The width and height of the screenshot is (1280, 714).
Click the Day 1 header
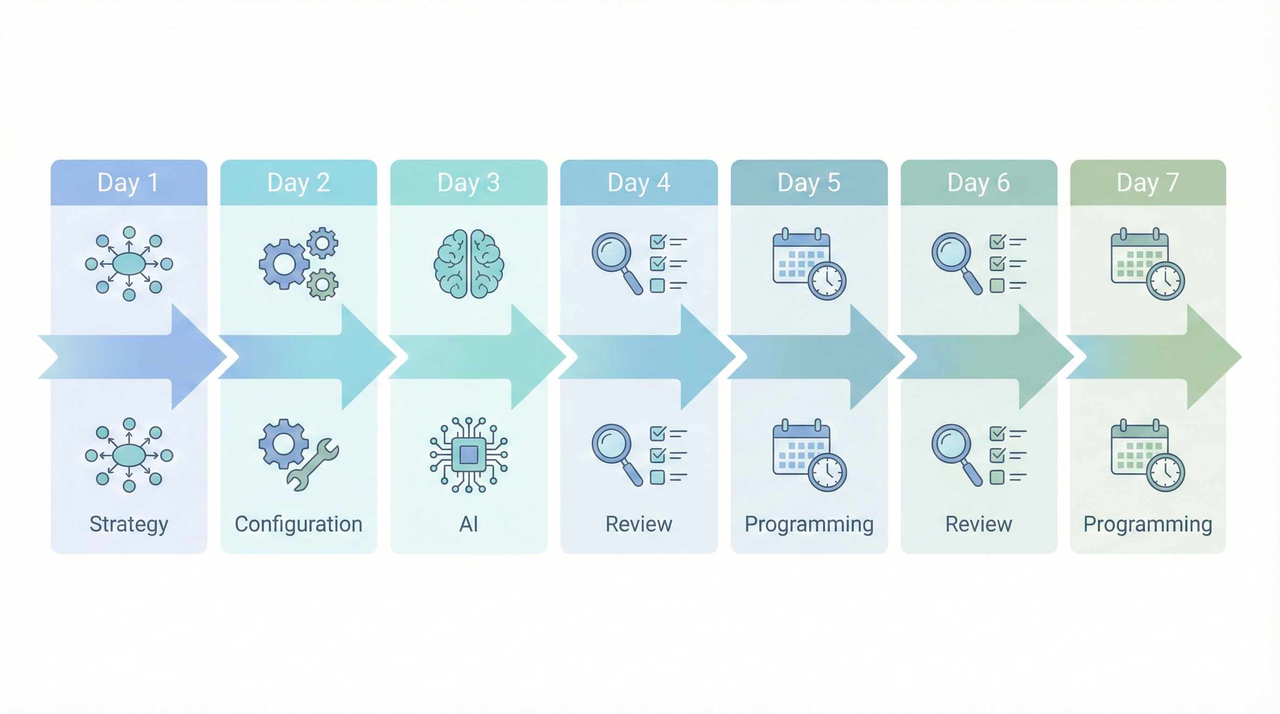pos(128,182)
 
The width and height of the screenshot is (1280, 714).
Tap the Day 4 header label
pos(639,182)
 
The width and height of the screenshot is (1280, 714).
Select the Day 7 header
pos(1148,182)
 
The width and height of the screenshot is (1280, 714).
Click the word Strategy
pos(129,525)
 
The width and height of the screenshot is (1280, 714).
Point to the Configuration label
pos(299,524)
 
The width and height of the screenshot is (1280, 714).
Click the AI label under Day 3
pos(468,524)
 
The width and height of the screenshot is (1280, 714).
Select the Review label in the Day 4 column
pos(639,524)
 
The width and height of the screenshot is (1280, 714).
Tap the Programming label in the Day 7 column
pos(1148,525)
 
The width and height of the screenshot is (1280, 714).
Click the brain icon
pos(468,264)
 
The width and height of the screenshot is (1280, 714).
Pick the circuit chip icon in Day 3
pos(468,455)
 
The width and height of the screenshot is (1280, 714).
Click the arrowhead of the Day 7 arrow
pos(1214,357)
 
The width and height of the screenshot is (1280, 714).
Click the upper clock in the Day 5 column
pos(827,281)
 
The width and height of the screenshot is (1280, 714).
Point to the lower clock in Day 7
pos(1166,472)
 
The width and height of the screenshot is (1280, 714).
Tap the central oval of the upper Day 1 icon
pos(129,263)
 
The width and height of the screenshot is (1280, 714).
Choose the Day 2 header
pos(299,182)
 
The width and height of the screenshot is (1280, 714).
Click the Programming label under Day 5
pos(809,525)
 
